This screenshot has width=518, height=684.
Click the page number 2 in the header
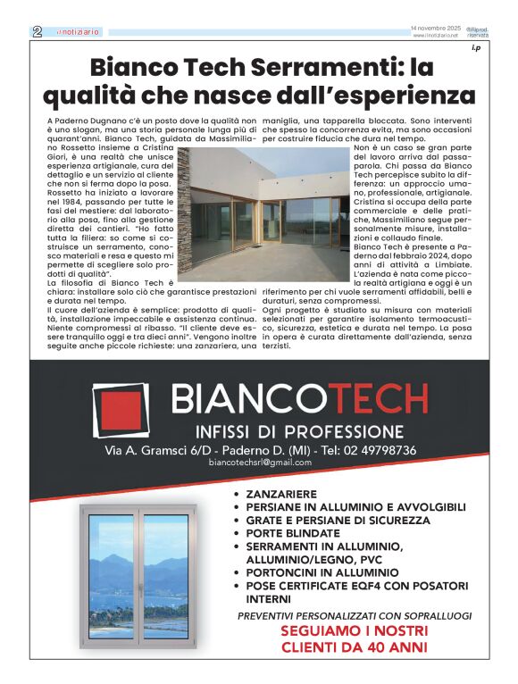(38, 31)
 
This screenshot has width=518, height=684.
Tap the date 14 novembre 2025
(434, 29)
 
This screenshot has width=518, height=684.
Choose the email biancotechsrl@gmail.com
(260, 463)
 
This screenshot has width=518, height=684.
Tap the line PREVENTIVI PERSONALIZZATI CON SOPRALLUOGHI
(355, 616)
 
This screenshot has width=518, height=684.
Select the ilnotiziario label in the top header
(78, 32)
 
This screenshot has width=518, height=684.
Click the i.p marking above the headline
(476, 48)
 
